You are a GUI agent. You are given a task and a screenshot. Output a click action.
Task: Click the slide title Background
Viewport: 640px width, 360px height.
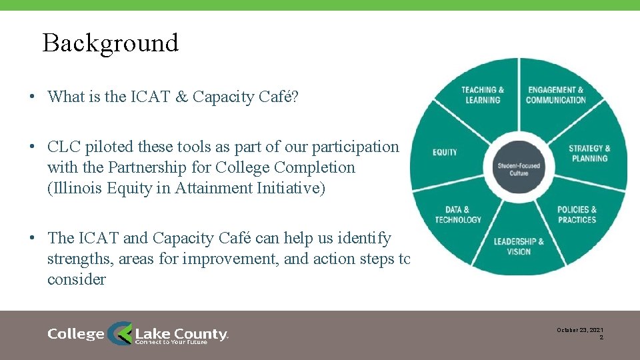click(111, 43)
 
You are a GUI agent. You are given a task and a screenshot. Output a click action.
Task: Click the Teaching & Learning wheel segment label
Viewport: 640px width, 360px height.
click(483, 95)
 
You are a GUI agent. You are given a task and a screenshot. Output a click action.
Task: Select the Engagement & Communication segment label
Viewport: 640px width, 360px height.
click(555, 95)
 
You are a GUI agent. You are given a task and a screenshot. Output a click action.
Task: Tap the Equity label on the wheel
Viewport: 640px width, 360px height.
click(445, 153)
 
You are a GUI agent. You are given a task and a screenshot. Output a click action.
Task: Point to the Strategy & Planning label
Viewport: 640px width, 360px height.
click(589, 153)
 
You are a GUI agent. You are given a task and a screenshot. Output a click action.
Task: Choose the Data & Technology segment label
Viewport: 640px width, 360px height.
click(458, 215)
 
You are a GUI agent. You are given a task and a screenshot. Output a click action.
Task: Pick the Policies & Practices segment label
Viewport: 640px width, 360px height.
click(577, 215)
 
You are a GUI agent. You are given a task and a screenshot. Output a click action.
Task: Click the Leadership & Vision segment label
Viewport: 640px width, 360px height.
click(519, 246)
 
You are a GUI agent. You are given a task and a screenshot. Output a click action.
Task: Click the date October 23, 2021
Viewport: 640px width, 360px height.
click(580, 330)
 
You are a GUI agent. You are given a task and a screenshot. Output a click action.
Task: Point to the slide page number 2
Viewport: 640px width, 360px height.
click(601, 338)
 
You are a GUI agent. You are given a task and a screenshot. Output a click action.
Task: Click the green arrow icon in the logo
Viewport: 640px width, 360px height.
click(121, 333)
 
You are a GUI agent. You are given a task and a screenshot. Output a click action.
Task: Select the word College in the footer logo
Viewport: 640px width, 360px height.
click(76, 334)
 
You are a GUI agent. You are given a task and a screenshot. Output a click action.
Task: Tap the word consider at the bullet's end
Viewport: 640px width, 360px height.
click(76, 279)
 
